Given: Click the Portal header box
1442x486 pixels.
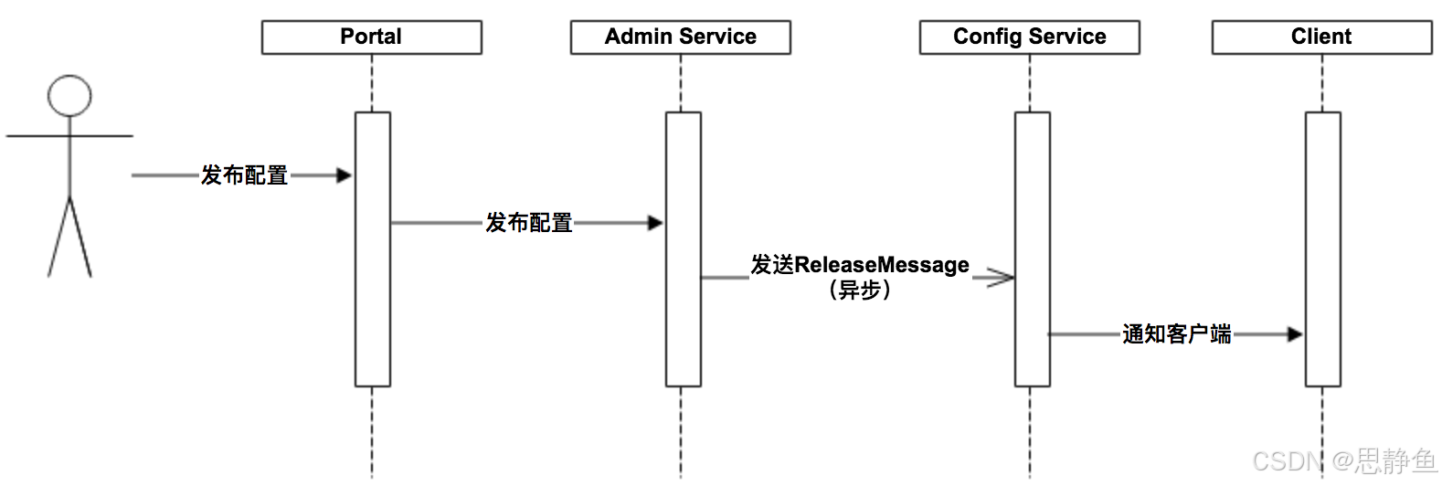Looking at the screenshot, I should click(x=371, y=37).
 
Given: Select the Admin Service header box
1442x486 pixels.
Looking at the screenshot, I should click(x=680, y=37).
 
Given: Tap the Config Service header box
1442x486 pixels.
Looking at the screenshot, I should click(x=1029, y=37).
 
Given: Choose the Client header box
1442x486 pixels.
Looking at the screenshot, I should click(x=1321, y=37).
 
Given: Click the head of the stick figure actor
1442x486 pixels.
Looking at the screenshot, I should click(x=69, y=96).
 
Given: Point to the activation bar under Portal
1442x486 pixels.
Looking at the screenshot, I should click(x=373, y=274).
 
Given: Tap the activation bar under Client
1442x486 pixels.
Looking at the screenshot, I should click(x=1323, y=228).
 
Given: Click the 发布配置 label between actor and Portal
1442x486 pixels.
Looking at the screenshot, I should click(x=244, y=175).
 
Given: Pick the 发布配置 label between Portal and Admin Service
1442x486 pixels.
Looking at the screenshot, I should click(x=528, y=223).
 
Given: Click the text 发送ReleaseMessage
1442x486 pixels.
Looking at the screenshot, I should click(x=859, y=265).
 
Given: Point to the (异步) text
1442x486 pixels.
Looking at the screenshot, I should click(x=859, y=291).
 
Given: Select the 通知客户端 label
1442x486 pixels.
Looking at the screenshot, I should click(x=1176, y=334).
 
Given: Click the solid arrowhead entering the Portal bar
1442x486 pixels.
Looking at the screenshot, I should click(x=345, y=175).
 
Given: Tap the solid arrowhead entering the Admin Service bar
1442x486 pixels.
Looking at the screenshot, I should click(x=655, y=223).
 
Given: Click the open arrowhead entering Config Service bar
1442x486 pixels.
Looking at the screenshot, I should click(x=1002, y=278).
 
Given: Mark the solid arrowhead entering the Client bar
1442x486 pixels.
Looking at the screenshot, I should click(x=1295, y=334).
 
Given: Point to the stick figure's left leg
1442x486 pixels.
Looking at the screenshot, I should click(x=58, y=238).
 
